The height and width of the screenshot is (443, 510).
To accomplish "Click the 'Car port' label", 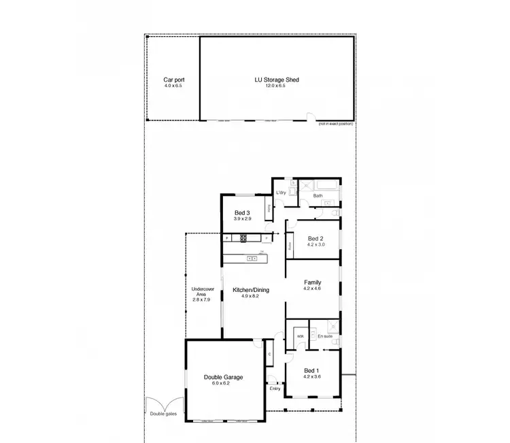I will point(174,80).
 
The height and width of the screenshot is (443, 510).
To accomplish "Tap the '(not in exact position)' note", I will point(336,125).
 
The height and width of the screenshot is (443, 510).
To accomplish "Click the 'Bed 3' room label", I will point(243,212).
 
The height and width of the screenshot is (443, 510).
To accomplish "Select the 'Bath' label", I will point(318,196).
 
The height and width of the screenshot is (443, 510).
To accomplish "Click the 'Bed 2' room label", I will point(314,238).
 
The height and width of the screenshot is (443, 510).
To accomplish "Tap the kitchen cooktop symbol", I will point(243,237).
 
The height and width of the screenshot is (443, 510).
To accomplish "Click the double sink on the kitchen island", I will point(252,258).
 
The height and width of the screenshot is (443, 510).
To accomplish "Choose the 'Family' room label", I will point(312,282).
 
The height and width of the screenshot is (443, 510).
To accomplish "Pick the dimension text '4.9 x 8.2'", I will point(251,297).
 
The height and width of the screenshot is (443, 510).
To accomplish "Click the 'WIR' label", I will point(299,335).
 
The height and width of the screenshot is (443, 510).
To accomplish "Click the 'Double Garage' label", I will point(223,377).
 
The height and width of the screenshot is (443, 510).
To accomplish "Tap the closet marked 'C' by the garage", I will point(270,354).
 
